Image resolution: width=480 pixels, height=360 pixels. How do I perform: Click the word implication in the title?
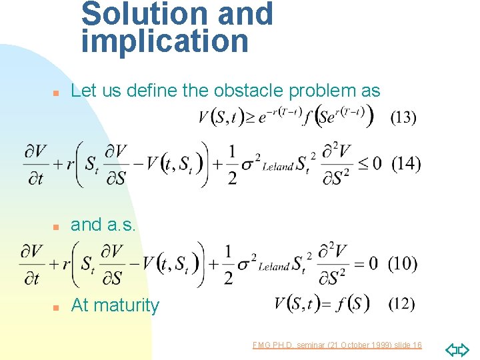(165, 41)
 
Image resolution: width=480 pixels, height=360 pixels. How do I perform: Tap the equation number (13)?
(403, 117)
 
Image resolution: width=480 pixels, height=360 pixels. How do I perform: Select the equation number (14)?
(406, 164)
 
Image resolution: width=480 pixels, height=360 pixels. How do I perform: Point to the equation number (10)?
(403, 264)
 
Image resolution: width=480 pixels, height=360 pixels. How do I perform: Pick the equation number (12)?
(400, 305)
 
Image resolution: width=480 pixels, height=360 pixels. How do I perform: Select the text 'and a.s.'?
(103, 225)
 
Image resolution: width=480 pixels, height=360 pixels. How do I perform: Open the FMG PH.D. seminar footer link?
(337, 345)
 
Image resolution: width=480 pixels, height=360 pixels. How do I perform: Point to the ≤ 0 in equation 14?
(369, 163)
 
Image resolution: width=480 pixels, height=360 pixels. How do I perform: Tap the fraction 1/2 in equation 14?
(231, 164)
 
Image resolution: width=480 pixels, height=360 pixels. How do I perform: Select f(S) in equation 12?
(352, 305)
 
